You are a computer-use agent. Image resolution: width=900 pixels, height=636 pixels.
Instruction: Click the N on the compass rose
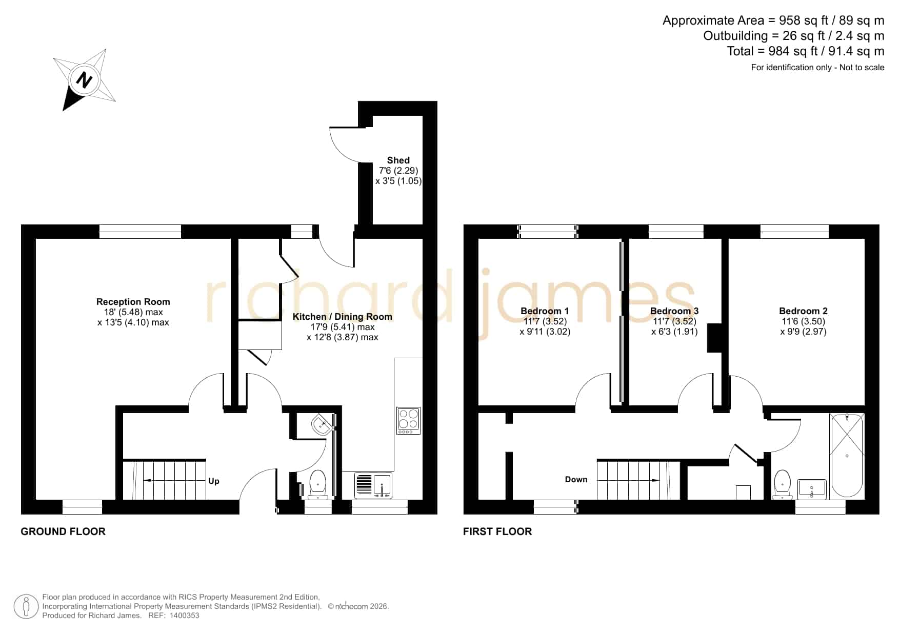(84, 80)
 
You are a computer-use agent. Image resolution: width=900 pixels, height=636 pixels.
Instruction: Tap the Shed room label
(398, 160)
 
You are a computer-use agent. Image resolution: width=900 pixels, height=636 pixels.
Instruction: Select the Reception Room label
(133, 302)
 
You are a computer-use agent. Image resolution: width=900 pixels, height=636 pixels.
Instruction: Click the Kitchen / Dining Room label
(343, 317)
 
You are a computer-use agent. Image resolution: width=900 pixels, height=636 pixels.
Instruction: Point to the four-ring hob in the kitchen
(408, 421)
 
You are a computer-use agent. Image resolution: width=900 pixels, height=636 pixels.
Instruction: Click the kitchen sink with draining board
(373, 486)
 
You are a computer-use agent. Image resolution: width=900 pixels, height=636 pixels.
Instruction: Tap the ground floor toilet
(318, 484)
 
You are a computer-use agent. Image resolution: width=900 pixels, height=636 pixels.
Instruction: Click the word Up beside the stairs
(214, 481)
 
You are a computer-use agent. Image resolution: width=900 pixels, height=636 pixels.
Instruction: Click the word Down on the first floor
(576, 480)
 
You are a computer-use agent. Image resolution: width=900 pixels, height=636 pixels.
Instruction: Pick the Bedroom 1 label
(545, 311)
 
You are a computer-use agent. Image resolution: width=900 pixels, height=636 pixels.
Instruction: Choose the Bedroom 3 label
(674, 311)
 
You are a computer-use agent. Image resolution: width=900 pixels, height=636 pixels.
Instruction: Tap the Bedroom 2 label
(803, 311)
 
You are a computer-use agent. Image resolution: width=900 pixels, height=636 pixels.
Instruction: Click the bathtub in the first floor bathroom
(847, 456)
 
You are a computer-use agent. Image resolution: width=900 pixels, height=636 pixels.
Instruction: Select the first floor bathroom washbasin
(812, 489)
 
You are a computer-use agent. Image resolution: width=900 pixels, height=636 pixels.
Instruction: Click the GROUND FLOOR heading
(63, 531)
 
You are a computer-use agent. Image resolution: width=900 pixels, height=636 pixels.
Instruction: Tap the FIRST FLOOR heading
(497, 531)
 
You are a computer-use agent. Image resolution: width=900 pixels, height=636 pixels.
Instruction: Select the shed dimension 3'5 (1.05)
(398, 181)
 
